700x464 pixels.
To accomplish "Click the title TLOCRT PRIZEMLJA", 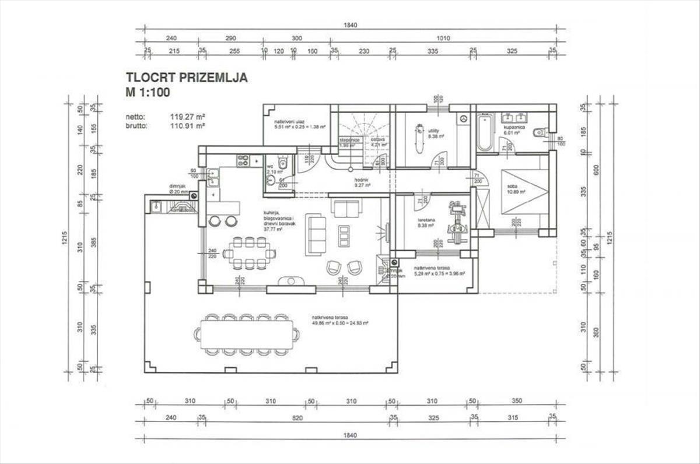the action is (x=187, y=78).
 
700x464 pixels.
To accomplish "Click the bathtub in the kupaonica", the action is (x=485, y=133).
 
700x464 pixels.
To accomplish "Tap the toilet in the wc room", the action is (x=282, y=164).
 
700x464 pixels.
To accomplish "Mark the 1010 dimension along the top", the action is (x=443, y=38).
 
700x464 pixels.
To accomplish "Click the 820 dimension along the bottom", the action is (x=297, y=417).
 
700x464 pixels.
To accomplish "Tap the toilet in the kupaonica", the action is (x=541, y=133).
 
